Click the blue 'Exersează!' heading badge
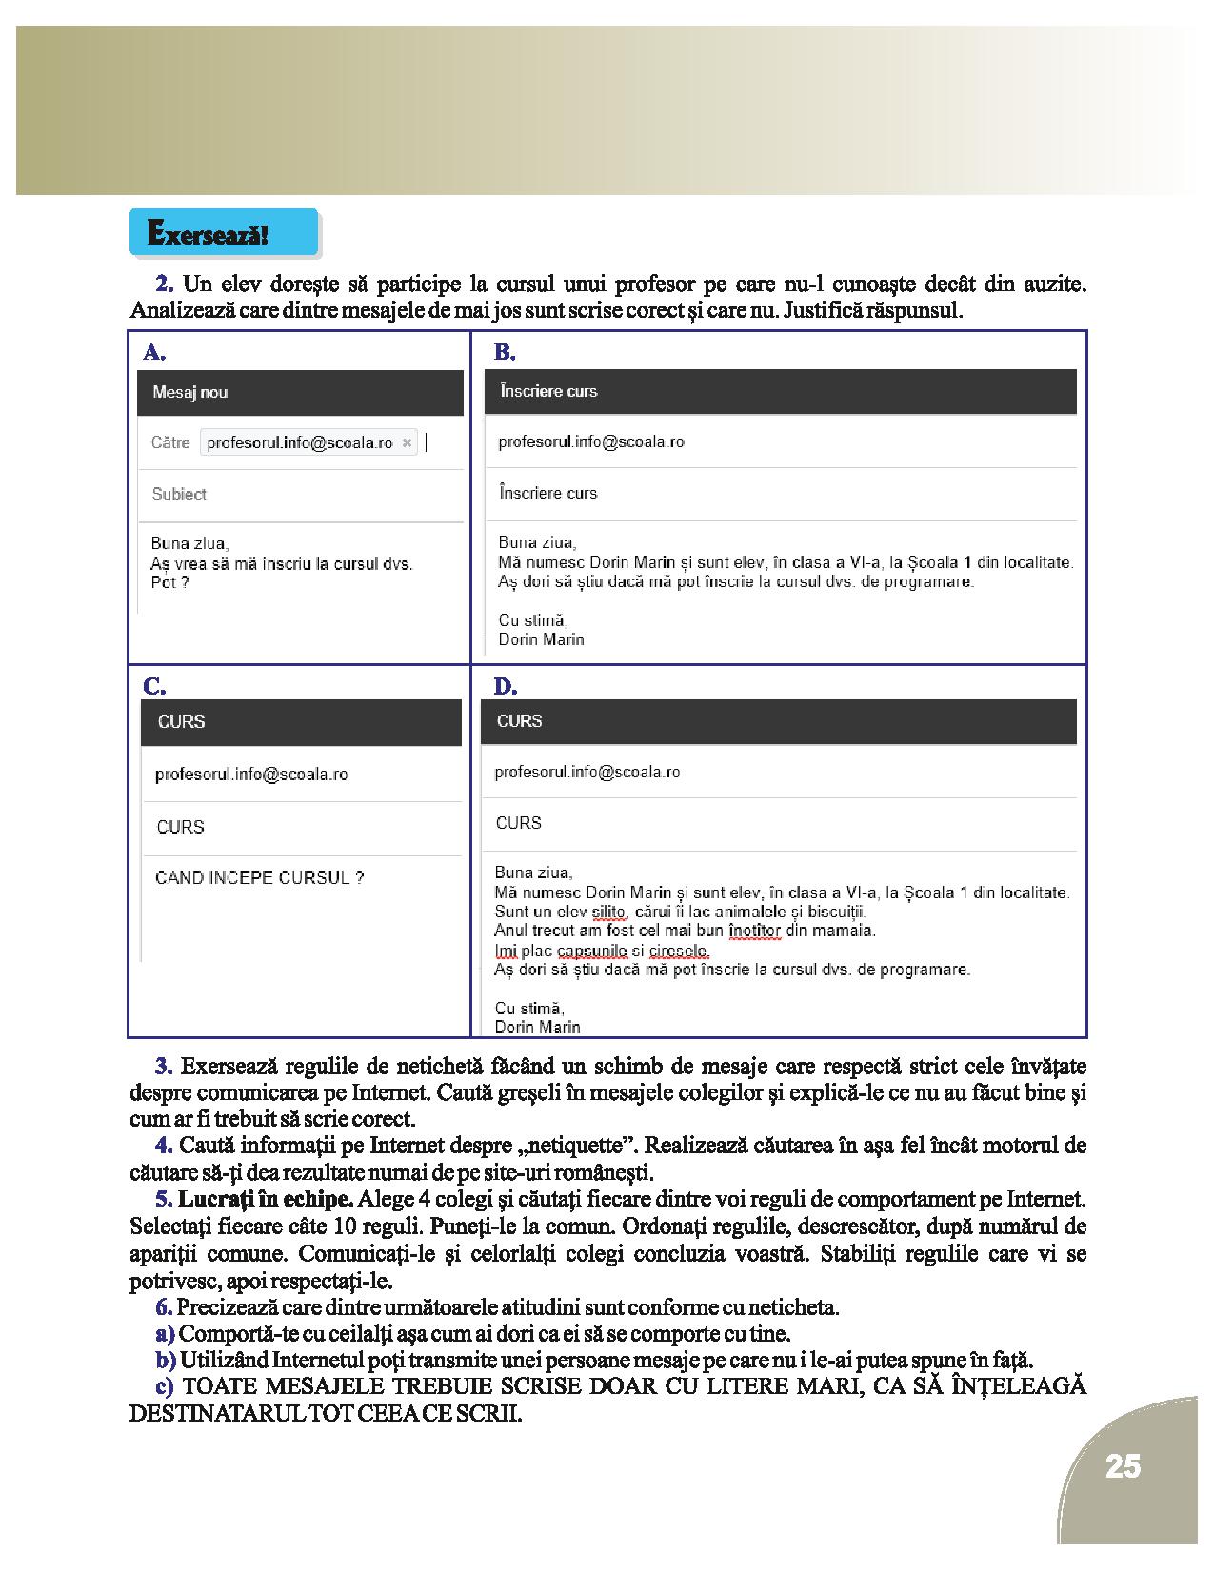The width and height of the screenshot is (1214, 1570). [223, 234]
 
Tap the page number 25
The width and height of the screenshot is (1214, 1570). [1123, 1466]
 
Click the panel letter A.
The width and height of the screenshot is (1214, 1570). [153, 352]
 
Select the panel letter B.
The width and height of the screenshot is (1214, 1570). [505, 352]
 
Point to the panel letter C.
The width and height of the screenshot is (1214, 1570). [153, 686]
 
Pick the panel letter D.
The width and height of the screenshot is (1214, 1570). [505, 686]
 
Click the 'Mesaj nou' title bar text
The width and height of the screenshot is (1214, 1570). [190, 392]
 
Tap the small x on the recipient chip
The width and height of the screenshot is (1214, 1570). [407, 442]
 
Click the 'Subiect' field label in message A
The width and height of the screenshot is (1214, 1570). [179, 494]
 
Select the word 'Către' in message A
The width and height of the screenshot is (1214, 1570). [170, 442]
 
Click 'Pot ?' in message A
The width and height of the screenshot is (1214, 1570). [169, 582]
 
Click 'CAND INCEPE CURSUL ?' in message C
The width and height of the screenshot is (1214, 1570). [259, 878]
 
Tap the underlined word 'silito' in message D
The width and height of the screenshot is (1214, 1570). [608, 912]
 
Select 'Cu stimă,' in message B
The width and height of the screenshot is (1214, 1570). [533, 620]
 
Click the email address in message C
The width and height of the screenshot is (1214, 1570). [251, 775]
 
